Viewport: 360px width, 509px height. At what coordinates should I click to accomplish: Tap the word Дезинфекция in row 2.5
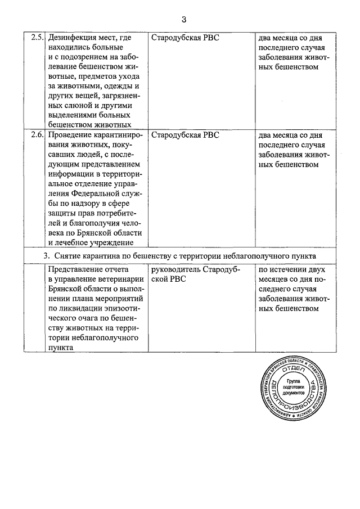click(75, 38)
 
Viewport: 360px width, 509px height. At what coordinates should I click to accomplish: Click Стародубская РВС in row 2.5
click(185, 38)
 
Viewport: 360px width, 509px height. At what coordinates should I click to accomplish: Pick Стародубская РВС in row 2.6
click(185, 136)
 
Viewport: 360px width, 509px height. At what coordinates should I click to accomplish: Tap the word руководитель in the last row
click(175, 269)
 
